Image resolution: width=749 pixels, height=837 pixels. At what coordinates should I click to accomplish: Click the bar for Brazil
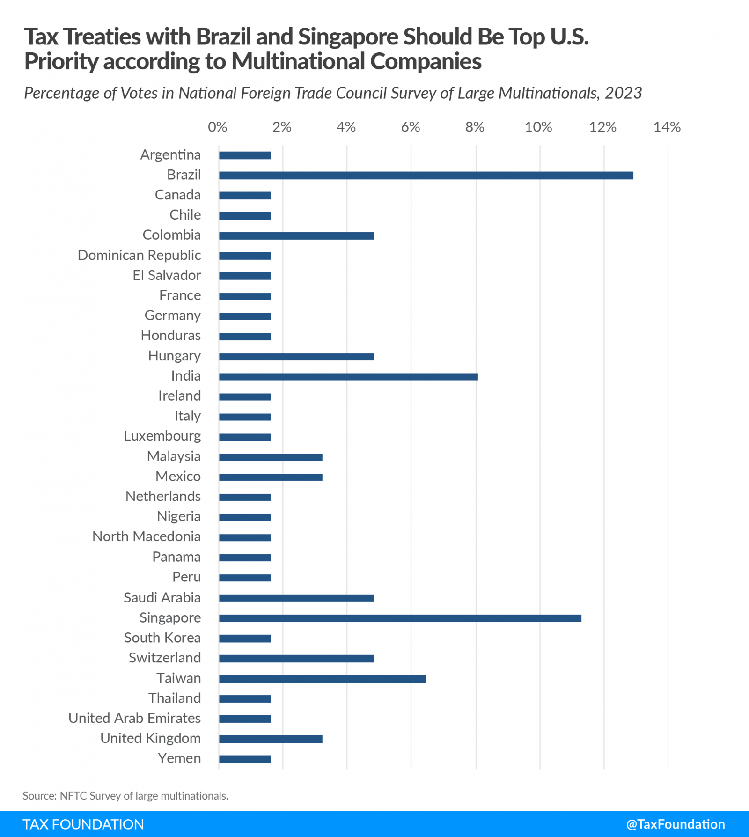pos(426,176)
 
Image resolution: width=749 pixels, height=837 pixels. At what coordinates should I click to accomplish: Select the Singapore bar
pos(400,618)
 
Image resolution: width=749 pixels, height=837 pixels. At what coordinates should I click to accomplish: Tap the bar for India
pos(348,377)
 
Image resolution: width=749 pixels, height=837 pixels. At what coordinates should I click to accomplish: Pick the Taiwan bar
pos(322,679)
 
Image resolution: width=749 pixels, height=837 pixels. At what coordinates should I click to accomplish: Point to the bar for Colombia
pos(296,235)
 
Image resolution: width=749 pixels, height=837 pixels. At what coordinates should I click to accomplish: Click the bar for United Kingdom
pos(271,739)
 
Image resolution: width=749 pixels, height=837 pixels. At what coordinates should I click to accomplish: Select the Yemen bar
pos(245,759)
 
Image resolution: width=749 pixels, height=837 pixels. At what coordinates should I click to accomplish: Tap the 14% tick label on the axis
pos(667,127)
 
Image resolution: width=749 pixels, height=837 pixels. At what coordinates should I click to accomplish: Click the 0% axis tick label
pos(217,127)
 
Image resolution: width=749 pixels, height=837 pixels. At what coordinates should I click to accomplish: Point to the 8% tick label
pos(474,127)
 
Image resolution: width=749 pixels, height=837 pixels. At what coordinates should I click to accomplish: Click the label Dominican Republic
pos(139,255)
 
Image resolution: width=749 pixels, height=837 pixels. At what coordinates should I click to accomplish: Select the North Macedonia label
pos(146,536)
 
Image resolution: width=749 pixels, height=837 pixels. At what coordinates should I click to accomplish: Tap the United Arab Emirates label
pos(134,718)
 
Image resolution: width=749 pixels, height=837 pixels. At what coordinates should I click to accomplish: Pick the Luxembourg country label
pos(162,436)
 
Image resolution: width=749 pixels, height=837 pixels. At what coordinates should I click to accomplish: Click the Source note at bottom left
pos(125,796)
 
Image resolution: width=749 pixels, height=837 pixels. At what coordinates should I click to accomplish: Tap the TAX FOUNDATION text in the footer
pos(83,824)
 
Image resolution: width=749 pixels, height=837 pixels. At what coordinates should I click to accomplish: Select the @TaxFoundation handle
pos(675,824)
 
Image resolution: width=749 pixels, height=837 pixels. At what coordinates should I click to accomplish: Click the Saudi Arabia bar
pos(296,598)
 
